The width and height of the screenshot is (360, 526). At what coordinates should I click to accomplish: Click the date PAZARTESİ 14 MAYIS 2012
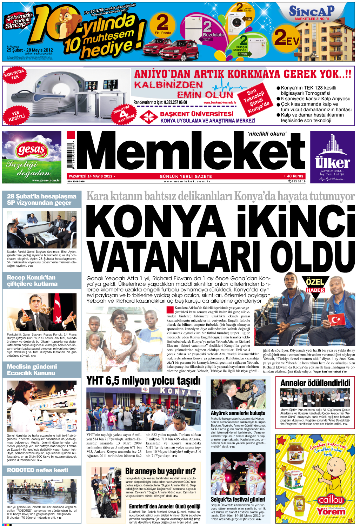[91, 176]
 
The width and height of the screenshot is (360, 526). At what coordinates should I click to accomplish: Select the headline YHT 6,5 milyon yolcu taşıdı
[144, 381]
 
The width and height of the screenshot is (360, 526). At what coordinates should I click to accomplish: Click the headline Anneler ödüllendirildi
[315, 383]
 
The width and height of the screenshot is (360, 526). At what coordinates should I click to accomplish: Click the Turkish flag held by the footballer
[336, 319]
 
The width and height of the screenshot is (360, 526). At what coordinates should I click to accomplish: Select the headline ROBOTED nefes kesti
[38, 470]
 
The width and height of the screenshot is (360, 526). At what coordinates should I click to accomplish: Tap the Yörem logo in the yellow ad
[331, 512]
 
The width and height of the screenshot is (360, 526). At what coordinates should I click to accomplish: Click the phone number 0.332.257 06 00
[167, 103]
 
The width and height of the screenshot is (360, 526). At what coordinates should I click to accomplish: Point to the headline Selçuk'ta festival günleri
[238, 499]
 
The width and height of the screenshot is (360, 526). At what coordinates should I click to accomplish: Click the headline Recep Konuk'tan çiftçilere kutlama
[32, 281]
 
